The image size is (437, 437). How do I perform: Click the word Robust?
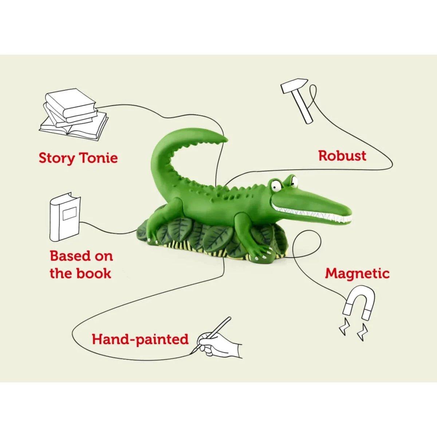point(342,156)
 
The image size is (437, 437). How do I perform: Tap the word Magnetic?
point(357,274)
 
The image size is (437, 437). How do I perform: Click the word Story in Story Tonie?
point(56,158)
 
